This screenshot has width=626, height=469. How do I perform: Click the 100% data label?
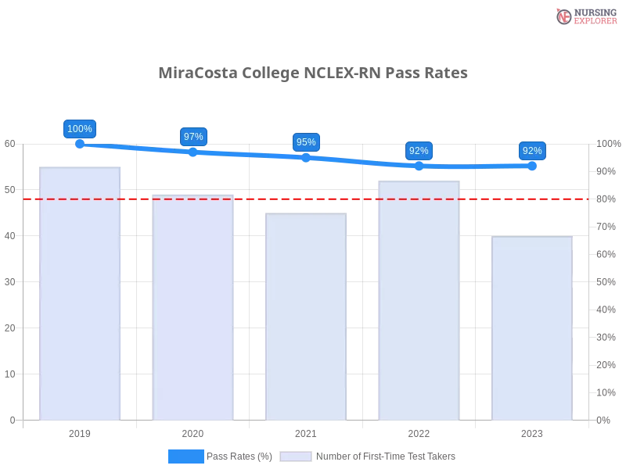[x=80, y=129]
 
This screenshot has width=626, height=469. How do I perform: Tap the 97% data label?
[x=193, y=137]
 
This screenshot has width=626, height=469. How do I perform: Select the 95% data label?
[x=306, y=142]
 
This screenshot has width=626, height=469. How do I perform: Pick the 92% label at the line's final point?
[x=532, y=151]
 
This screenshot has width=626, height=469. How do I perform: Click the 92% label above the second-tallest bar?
[x=419, y=151]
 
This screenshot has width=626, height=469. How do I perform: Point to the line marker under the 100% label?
[x=80, y=144]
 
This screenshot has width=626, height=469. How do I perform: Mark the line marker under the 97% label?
[x=193, y=152]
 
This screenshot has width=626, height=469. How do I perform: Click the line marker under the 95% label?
[x=306, y=157]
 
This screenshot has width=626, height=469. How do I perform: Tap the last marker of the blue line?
[x=532, y=166]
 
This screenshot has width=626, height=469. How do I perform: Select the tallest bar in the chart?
[x=81, y=293]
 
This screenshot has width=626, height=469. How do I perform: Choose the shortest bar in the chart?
[x=532, y=328]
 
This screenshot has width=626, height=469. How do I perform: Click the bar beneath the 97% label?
[x=194, y=309]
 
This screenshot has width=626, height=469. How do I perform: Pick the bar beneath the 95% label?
[x=307, y=318]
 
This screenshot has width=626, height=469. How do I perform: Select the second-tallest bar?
[x=419, y=299]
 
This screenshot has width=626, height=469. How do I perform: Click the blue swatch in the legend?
[x=185, y=456]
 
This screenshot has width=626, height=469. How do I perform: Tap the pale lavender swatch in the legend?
[x=296, y=456]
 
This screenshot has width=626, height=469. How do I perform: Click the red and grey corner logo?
[x=585, y=16]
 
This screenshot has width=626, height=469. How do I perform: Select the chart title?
[x=313, y=73]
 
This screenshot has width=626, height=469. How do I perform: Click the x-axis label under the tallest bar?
[x=81, y=432]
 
